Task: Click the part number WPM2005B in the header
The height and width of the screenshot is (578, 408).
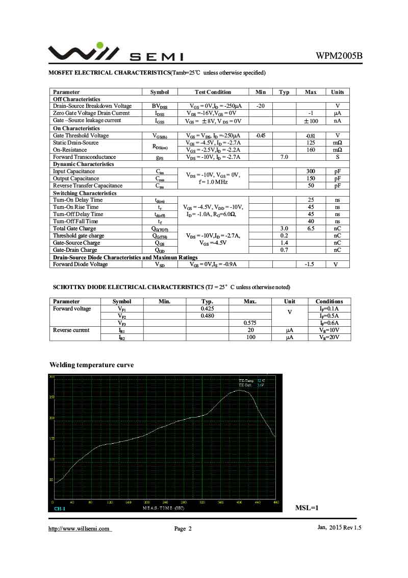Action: pyautogui.click(x=339, y=56)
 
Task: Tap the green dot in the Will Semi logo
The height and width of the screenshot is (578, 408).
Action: pyautogui.click(x=100, y=45)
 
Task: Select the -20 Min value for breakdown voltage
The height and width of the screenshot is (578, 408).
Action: pyautogui.click(x=261, y=106)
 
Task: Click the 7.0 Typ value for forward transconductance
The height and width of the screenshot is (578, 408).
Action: pyautogui.click(x=284, y=157)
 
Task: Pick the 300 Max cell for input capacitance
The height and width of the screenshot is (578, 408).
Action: pyautogui.click(x=311, y=172)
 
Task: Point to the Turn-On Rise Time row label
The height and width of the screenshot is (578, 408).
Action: pyautogui.click(x=76, y=207)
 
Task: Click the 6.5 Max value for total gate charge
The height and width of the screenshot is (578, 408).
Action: pyautogui.click(x=311, y=229)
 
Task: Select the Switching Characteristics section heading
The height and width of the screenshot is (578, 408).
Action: pyautogui.click(x=85, y=193)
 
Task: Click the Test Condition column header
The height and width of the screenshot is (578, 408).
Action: pyautogui.click(x=213, y=92)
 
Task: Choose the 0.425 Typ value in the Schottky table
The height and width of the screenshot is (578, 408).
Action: pyautogui.click(x=207, y=309)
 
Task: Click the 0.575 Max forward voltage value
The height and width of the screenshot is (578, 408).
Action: pyautogui.click(x=250, y=323)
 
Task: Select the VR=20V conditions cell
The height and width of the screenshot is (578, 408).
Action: pyautogui.click(x=329, y=338)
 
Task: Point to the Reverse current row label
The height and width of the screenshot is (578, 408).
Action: pyautogui.click(x=71, y=330)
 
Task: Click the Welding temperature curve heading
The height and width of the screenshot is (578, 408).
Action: pyautogui.click(x=91, y=365)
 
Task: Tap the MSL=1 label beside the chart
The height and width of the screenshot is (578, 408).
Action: pyautogui.click(x=307, y=508)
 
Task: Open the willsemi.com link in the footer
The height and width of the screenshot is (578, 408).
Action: pyautogui.click(x=79, y=528)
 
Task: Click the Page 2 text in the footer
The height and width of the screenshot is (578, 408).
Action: pyautogui.click(x=183, y=529)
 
